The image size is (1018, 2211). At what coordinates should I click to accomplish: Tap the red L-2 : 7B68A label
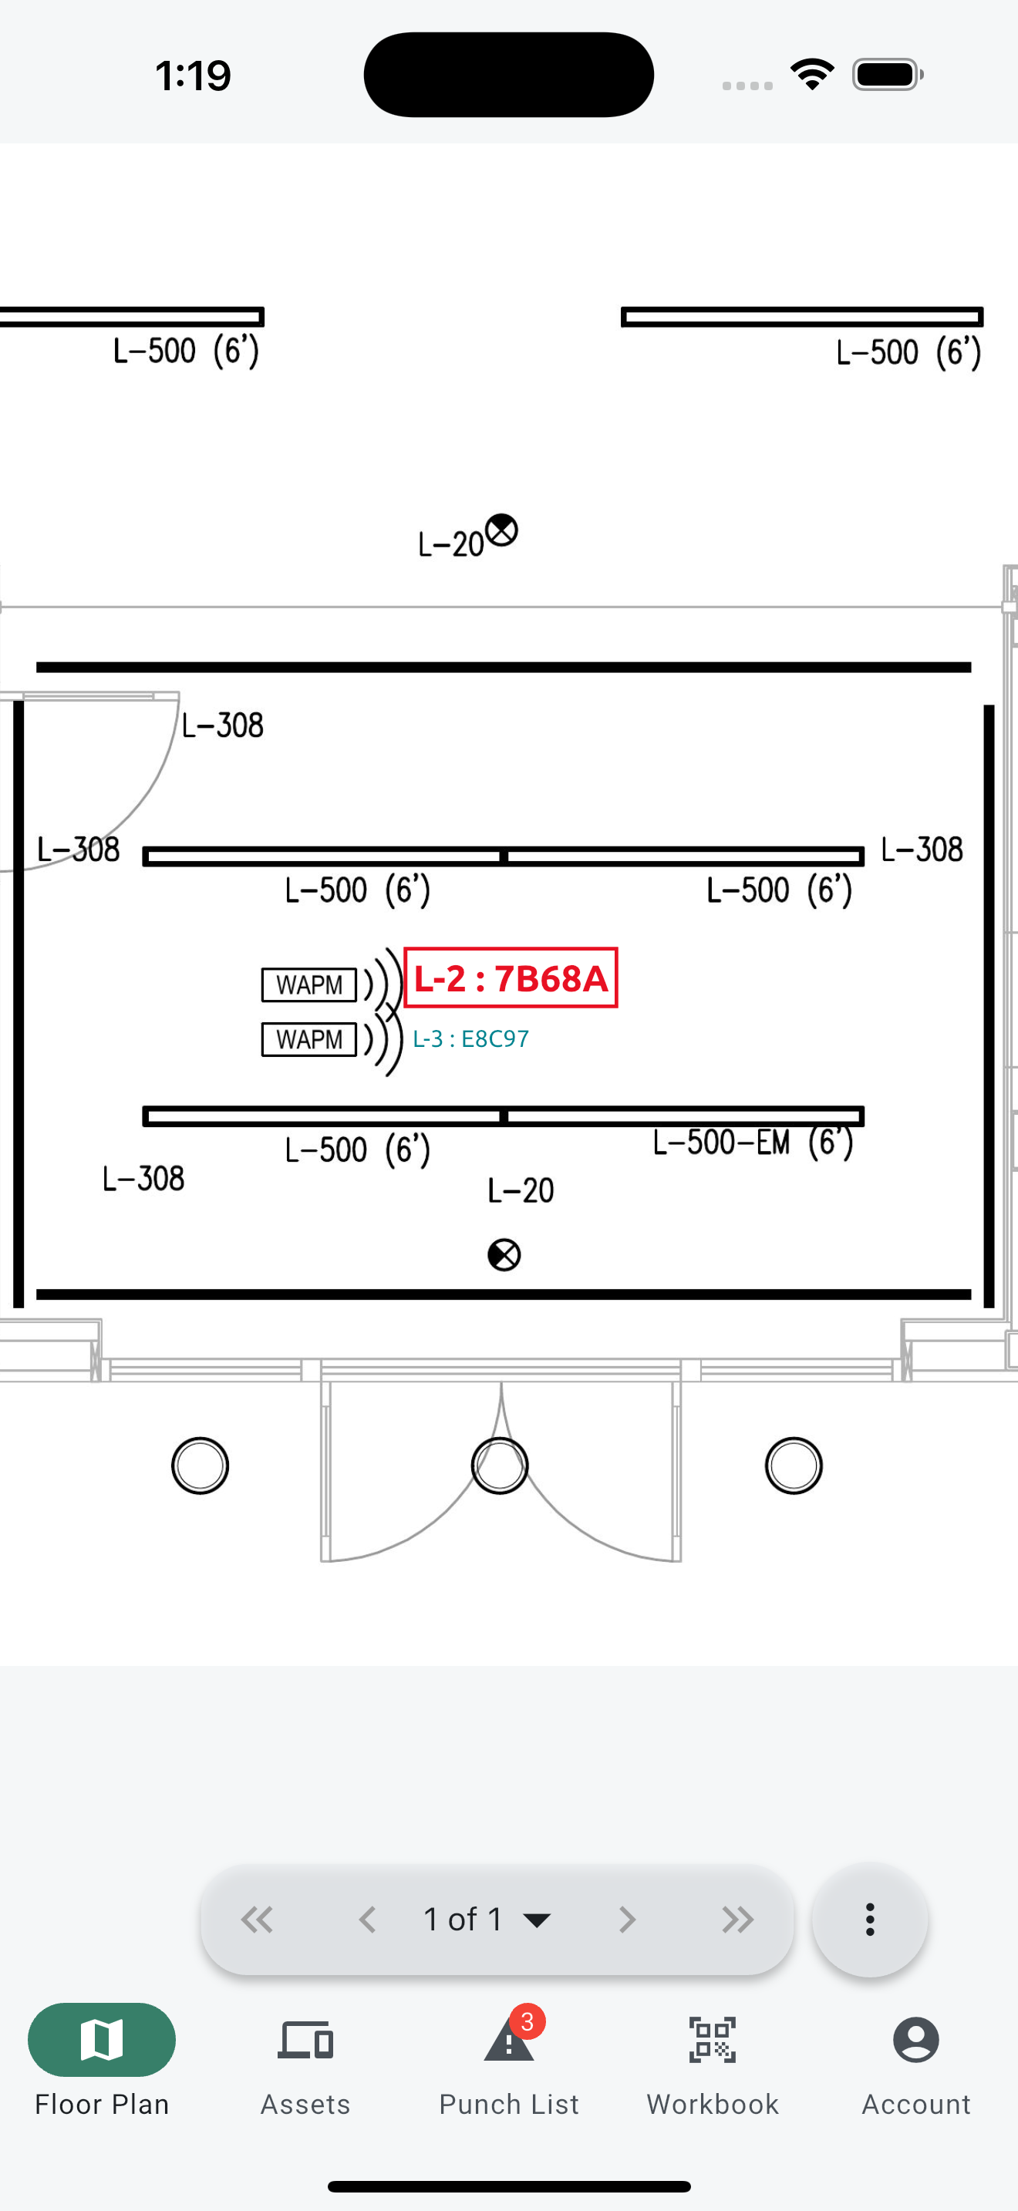511,978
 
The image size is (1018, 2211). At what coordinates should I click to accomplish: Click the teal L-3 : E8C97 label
470,1038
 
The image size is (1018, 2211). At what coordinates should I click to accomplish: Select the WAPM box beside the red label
309,984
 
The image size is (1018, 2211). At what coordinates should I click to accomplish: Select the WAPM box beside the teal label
309,1039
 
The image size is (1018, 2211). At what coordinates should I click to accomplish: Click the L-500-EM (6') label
753,1143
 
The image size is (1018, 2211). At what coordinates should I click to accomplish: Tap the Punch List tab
509,2062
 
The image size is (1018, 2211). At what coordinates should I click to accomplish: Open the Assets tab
305,2062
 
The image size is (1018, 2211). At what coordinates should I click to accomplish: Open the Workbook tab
713,2062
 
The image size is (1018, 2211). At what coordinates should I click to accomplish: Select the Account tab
916,2062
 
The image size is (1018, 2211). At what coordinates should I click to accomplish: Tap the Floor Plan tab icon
102,2039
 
